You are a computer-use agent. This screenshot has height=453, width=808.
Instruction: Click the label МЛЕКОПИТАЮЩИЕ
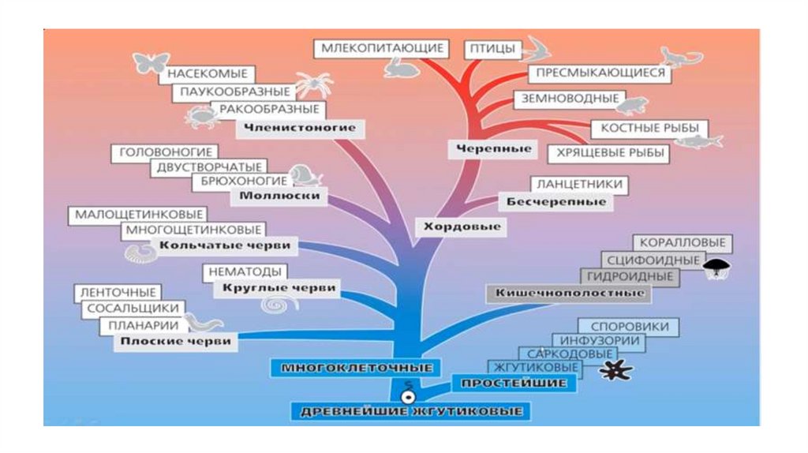[x=380, y=48]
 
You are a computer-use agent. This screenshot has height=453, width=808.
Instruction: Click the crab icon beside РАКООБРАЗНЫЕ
[x=198, y=118]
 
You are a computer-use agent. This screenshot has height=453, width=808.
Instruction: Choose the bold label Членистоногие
[x=294, y=127]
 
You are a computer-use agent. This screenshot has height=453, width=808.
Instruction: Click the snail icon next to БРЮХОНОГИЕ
[x=300, y=174]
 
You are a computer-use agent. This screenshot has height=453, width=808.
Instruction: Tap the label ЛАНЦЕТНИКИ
[x=580, y=184]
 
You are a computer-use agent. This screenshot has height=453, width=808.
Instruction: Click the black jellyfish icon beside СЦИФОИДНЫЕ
[x=716, y=267]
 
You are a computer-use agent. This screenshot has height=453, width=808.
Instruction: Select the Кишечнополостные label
[x=570, y=293]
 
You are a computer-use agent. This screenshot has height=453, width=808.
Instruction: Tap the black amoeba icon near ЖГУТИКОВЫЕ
[x=612, y=370]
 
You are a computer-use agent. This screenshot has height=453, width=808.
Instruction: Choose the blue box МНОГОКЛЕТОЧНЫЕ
[x=357, y=368]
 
